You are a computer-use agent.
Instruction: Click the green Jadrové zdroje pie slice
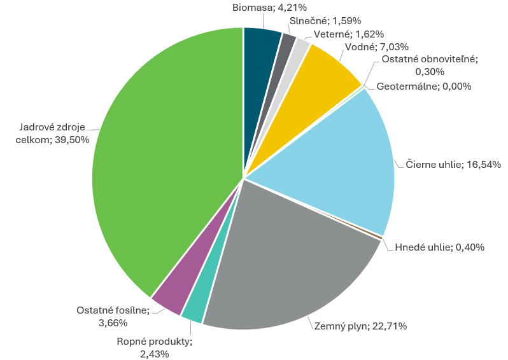(166, 159)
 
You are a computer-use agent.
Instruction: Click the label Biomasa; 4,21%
(260, 8)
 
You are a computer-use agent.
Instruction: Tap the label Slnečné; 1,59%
(319, 21)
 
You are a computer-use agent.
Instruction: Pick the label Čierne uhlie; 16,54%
(453, 165)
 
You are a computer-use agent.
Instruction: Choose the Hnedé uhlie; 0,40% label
(440, 247)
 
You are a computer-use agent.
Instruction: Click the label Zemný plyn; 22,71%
(360, 326)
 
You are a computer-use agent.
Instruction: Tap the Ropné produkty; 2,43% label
(154, 347)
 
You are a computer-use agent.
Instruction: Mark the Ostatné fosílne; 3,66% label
(113, 316)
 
